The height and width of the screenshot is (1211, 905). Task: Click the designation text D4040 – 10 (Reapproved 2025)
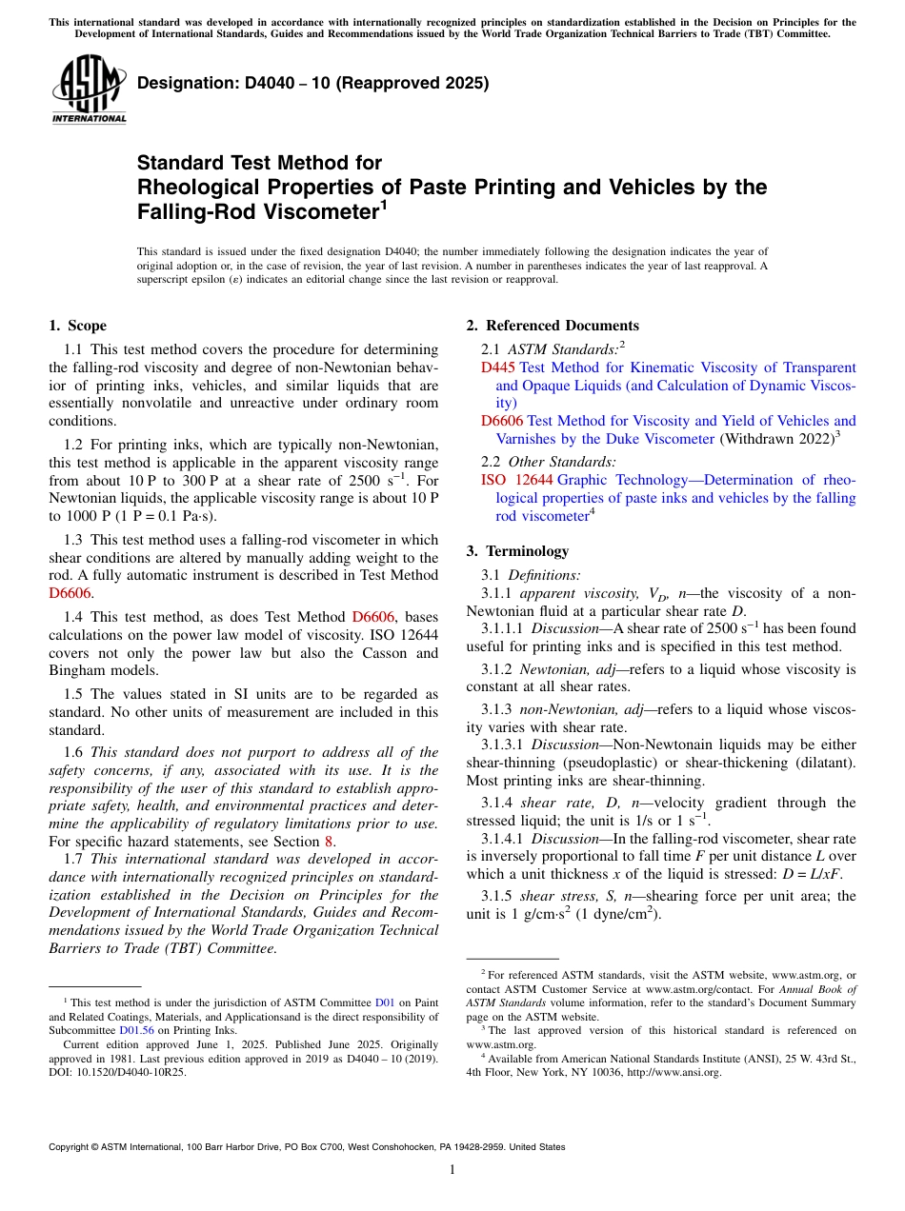[312, 83]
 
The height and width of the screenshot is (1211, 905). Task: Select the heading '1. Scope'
[77, 326]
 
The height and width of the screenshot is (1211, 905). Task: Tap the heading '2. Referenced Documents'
[553, 326]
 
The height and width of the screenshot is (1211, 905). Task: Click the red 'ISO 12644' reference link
[517, 480]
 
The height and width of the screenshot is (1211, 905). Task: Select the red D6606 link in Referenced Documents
[501, 421]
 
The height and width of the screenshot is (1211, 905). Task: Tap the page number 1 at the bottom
[452, 1170]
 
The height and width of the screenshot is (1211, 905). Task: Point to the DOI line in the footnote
[117, 1071]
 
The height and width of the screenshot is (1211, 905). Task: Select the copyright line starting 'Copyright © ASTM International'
[307, 1147]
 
